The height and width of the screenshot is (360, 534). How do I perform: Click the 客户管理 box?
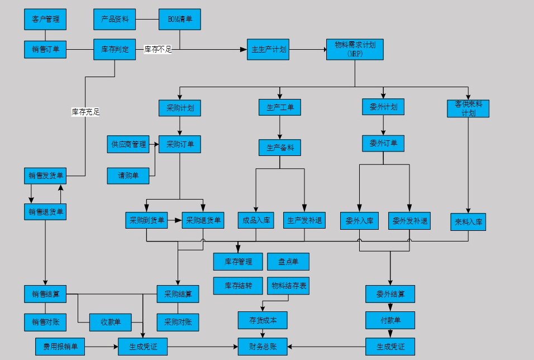click(45, 19)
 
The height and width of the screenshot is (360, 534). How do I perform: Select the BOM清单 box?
click(179, 19)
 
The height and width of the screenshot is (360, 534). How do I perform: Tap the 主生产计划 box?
click(269, 49)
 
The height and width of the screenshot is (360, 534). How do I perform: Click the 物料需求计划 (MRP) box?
click(355, 49)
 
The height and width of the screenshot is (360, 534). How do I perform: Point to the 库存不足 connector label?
click(158, 49)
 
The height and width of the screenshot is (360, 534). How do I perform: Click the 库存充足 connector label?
click(85, 112)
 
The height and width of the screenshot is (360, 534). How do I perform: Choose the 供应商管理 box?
click(128, 144)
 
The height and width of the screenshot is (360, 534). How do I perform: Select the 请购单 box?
click(128, 176)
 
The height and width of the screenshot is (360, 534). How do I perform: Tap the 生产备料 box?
click(280, 148)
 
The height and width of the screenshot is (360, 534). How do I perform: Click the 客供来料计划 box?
click(468, 108)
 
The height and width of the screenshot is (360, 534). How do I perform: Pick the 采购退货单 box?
click(203, 220)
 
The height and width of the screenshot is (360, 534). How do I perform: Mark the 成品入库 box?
click(256, 220)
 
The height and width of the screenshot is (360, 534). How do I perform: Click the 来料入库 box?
click(468, 221)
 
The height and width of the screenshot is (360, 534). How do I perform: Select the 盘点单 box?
click(288, 262)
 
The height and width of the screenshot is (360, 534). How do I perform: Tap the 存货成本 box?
click(263, 320)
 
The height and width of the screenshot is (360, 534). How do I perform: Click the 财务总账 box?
click(263, 347)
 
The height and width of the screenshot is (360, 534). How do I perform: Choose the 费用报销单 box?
click(60, 347)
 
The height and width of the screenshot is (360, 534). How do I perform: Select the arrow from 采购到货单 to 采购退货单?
click(175, 220)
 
